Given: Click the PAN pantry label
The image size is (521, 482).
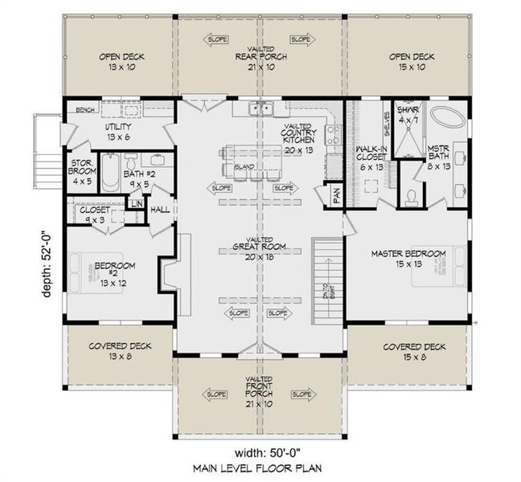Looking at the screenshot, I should tap(334, 194).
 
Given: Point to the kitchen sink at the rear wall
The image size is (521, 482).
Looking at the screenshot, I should tap(259, 108).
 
